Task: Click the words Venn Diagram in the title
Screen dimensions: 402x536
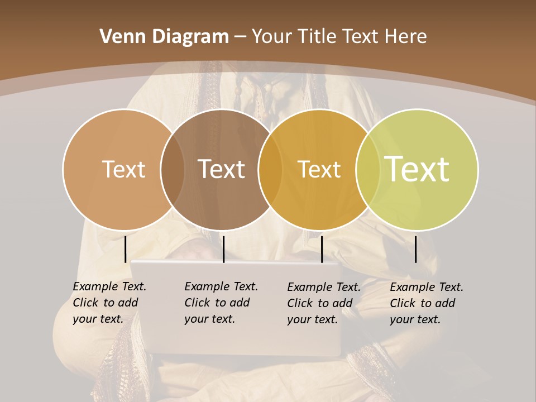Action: [x=164, y=37]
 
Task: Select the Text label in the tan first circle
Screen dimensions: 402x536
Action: [x=123, y=169]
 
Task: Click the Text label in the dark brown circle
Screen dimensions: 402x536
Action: [x=222, y=169]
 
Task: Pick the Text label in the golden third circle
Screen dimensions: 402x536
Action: [x=319, y=169]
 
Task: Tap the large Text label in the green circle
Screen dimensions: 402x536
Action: [x=417, y=169]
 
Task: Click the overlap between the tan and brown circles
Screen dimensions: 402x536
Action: [x=173, y=170]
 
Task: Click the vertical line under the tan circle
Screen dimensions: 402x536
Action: [x=126, y=249]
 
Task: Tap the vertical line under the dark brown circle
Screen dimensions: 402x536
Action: [x=223, y=249]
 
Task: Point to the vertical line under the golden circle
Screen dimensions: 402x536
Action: [x=322, y=249]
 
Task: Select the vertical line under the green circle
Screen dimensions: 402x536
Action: [x=416, y=249]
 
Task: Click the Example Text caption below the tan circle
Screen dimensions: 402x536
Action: [x=109, y=303]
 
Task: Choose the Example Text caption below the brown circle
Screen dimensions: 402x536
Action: [x=221, y=303]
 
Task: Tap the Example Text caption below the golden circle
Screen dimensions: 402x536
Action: [x=323, y=303]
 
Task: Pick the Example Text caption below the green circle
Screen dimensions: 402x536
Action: [x=426, y=303]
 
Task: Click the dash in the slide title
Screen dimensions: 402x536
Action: [x=240, y=37]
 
